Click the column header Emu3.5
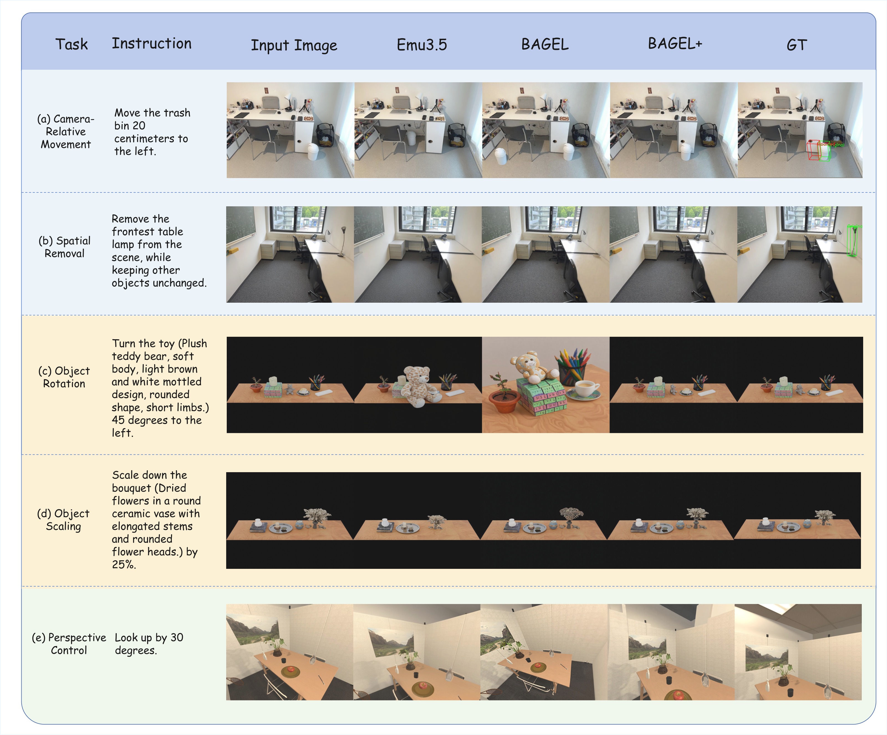[x=422, y=45]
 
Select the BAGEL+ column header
[x=675, y=43]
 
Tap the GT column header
[x=797, y=45]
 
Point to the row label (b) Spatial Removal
[x=65, y=247]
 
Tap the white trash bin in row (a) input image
[x=313, y=151]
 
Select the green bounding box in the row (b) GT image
[x=852, y=241]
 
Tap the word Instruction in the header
[x=151, y=43]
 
